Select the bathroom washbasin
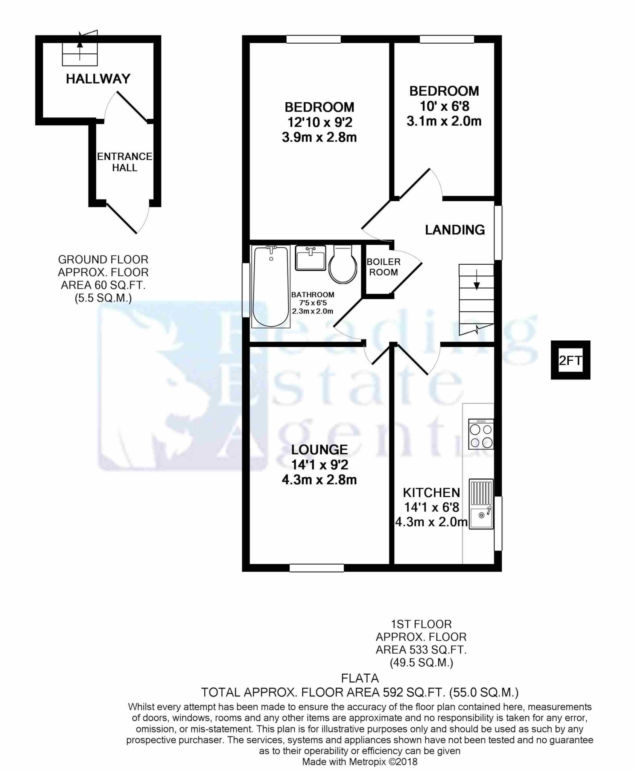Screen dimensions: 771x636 pos(310,258)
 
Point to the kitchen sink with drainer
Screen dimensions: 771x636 pos(481,504)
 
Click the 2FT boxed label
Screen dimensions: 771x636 pos(571,360)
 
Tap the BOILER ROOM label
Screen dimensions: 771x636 pos(383,267)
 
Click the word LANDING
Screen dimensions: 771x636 pos(455,230)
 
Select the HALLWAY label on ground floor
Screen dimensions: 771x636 pos(98,79)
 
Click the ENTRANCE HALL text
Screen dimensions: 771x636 pos(125,162)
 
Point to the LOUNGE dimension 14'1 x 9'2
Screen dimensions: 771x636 pos(320,465)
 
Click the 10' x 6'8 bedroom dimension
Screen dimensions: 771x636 pos(444,106)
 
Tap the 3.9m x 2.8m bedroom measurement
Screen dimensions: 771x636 pos(319,137)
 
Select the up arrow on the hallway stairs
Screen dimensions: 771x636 pos(80,44)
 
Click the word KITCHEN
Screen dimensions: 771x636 pos(431,492)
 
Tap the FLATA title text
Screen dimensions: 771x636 pos(360,678)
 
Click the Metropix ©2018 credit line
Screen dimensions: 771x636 pos(360,762)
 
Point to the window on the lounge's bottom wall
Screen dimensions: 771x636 pos(316,568)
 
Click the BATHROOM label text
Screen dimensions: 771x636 pos(312,295)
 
